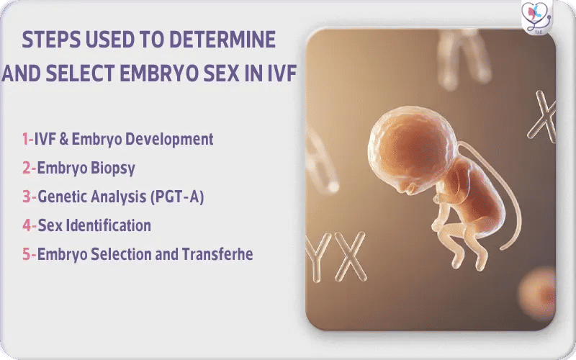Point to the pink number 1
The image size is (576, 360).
click(25, 139)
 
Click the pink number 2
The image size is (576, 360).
click(26, 168)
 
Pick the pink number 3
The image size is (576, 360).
click(26, 197)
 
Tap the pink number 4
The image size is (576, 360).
click(26, 225)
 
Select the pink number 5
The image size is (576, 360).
click(26, 254)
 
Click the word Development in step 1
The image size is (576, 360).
click(173, 139)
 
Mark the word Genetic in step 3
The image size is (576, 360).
click(61, 197)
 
